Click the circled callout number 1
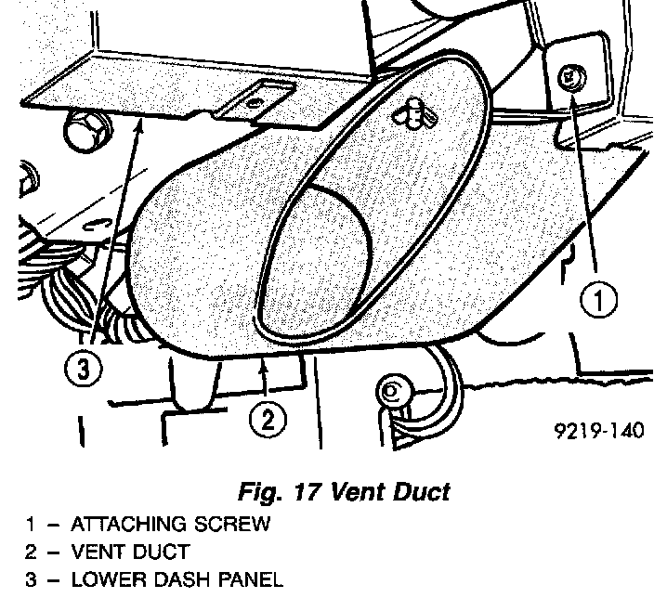(x=599, y=300)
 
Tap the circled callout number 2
(x=268, y=421)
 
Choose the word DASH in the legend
(x=176, y=580)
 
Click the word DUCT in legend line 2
(x=161, y=552)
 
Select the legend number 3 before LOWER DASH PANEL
(x=31, y=580)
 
